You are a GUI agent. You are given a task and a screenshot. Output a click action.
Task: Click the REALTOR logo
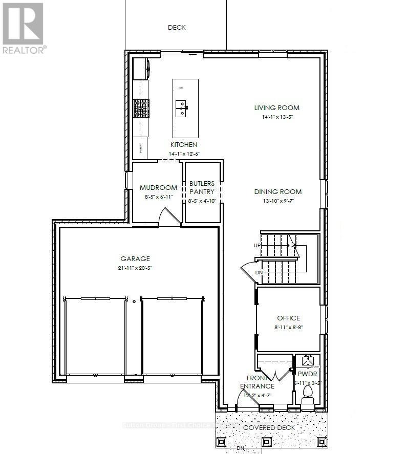click(24, 28)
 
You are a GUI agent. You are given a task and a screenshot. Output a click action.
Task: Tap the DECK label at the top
click(177, 28)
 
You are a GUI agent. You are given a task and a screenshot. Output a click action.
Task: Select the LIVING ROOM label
click(277, 108)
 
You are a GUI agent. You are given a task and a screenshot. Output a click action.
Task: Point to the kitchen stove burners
click(141, 108)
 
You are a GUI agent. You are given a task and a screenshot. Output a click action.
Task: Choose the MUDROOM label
click(158, 187)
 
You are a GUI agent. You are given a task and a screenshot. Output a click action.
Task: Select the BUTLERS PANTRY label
click(202, 187)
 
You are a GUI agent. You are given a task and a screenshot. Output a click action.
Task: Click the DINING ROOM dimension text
click(278, 201)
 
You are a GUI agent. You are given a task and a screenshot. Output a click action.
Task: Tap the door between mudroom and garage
click(169, 218)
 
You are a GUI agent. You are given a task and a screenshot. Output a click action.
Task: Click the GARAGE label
click(135, 259)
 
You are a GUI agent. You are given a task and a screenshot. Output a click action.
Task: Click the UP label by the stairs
click(257, 246)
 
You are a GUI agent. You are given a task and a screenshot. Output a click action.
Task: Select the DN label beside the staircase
click(259, 272)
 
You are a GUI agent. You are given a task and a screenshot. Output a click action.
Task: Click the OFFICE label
click(289, 318)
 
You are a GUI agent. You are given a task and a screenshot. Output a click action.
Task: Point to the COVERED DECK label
click(264, 427)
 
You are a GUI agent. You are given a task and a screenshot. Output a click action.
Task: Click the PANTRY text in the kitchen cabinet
click(141, 148)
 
